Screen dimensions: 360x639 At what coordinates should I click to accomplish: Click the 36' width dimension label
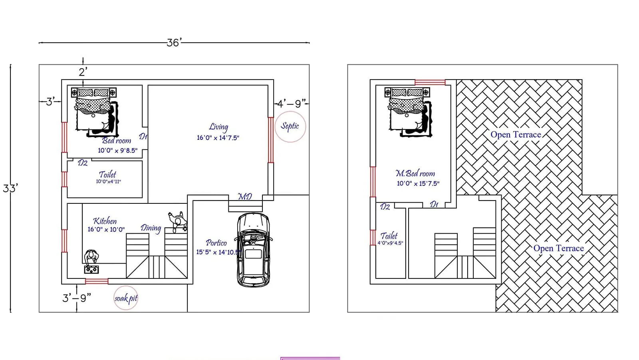[174, 42]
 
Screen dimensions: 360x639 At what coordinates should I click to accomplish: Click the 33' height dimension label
[10, 188]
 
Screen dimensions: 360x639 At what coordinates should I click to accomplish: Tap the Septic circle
[290, 127]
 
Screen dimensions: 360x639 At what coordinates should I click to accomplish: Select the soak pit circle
[126, 298]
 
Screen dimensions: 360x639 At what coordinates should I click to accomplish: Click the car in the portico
[253, 250]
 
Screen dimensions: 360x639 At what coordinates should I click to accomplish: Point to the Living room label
[218, 127]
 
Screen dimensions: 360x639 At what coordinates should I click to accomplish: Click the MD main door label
[245, 197]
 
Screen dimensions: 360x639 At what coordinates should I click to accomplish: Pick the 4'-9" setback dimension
[292, 104]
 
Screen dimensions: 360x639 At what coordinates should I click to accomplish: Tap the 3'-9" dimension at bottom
[76, 298]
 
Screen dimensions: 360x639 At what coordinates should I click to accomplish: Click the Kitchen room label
[105, 221]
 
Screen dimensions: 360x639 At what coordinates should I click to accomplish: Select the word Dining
[151, 228]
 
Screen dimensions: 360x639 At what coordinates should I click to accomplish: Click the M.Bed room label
[415, 173]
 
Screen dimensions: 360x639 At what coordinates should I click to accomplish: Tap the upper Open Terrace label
[516, 135]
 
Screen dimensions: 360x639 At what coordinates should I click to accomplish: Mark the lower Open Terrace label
[558, 248]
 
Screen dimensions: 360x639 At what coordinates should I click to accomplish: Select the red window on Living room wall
[271, 140]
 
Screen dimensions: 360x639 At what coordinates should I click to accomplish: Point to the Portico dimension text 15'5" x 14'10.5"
[218, 252]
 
